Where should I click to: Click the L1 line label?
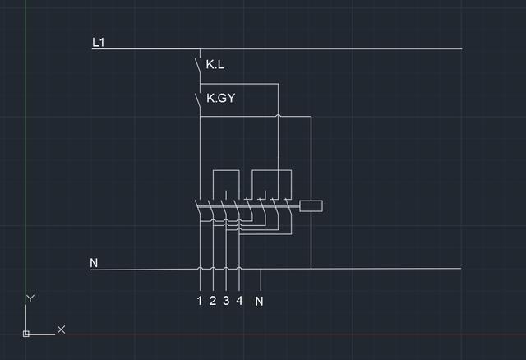coord(99,43)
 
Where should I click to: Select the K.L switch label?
coord(215,64)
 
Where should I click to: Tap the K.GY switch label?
coord(221,98)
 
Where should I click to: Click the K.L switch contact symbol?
coord(198,66)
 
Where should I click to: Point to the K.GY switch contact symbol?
coord(198,100)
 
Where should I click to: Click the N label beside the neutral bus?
coord(94,263)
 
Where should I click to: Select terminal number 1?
coord(200,301)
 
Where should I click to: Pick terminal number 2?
coord(213,301)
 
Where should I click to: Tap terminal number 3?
coord(226,301)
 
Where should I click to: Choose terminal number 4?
coord(239,301)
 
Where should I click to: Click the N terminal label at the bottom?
coord(260,302)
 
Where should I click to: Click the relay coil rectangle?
coord(311,206)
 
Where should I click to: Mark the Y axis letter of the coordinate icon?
coord(30,298)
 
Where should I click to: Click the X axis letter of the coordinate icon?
coord(61,330)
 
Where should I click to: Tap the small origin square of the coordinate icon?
coord(26,334)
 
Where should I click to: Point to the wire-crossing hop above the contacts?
coord(278,116)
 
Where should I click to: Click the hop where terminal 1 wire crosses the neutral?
coord(200,269)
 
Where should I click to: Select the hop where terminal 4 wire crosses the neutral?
coord(239,269)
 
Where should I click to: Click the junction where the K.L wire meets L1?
coord(201,49)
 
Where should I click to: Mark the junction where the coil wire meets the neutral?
coord(311,269)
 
